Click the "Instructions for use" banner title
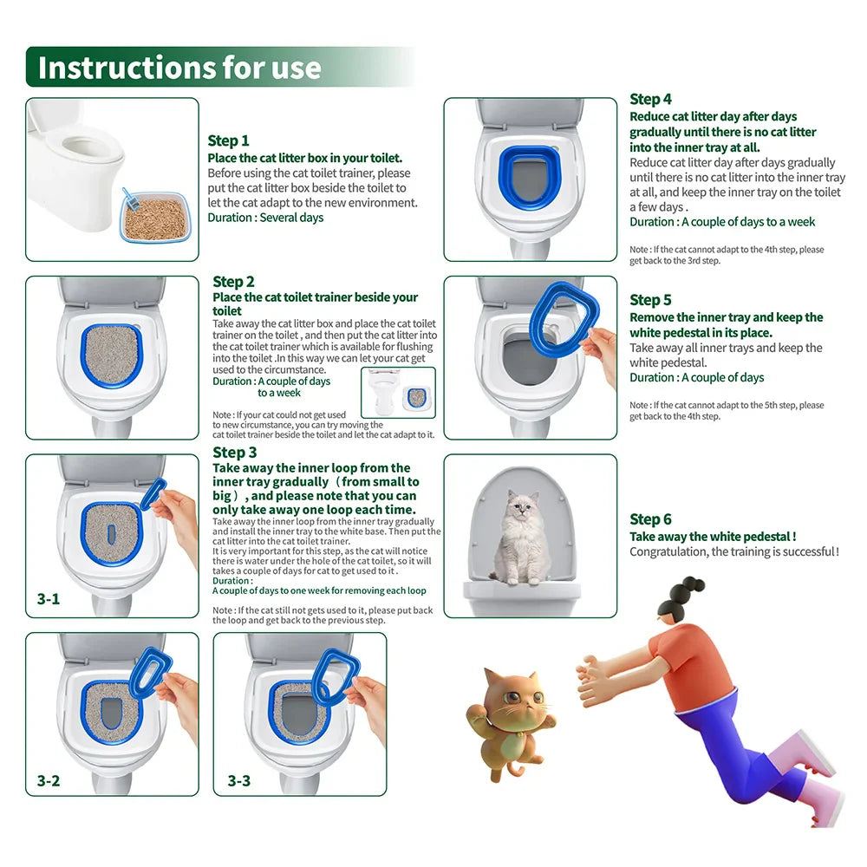(179, 67)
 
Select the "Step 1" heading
(228, 140)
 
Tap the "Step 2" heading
(233, 282)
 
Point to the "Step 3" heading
(234, 452)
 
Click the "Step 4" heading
(650, 99)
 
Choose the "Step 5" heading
(650, 300)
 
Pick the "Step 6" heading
(650, 519)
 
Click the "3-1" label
(49, 598)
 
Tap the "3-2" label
(49, 780)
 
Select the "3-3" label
(239, 780)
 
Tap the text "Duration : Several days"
(265, 218)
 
